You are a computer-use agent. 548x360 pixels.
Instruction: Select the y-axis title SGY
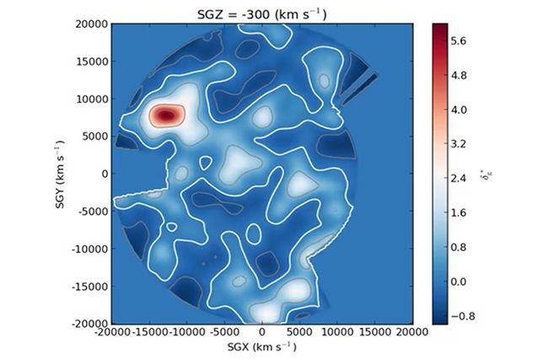coord(62,174)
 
